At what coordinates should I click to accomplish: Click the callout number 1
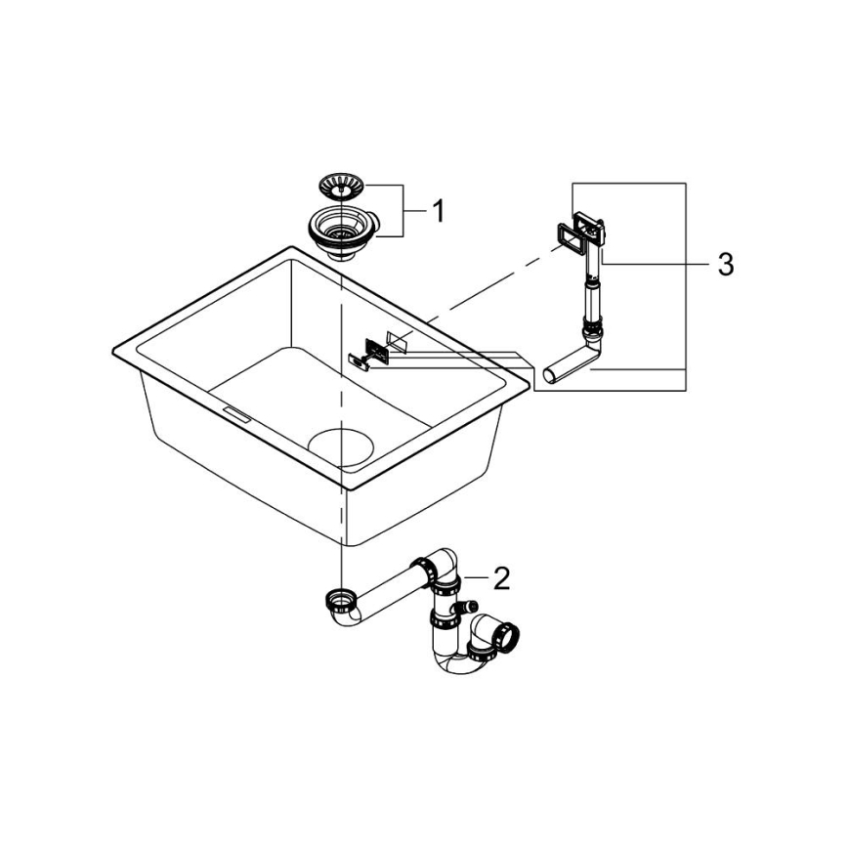point(439,210)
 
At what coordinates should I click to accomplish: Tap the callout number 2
point(500,578)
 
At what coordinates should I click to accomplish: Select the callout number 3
point(724,264)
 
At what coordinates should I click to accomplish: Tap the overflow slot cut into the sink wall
point(398,341)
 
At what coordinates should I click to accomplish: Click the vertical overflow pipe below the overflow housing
point(590,293)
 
